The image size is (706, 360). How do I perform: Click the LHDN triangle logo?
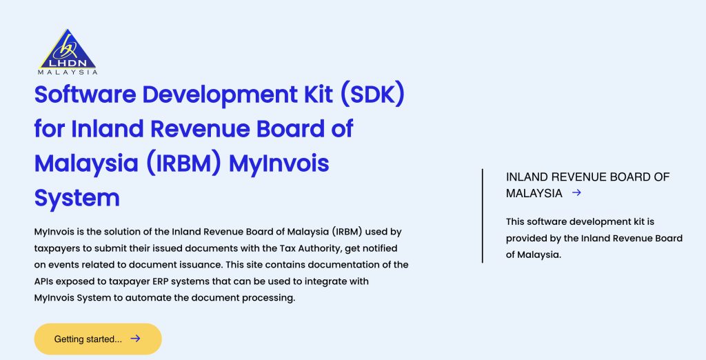68,49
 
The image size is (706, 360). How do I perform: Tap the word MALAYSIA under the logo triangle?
68,72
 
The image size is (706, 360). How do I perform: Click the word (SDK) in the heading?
372,94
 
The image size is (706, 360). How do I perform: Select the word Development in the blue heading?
220,95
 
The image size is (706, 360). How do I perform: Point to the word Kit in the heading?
319,94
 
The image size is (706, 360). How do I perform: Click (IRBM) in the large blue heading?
183,163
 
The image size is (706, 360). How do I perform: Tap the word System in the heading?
77,199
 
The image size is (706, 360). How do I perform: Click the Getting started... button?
98,339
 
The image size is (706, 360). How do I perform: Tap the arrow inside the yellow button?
135,339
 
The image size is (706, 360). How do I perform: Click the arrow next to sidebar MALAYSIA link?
576,193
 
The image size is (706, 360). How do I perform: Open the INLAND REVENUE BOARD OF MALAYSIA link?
587,186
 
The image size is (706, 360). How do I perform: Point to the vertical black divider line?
482,216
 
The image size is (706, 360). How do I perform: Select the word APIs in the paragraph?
43,281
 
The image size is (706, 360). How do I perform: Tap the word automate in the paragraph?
148,298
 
